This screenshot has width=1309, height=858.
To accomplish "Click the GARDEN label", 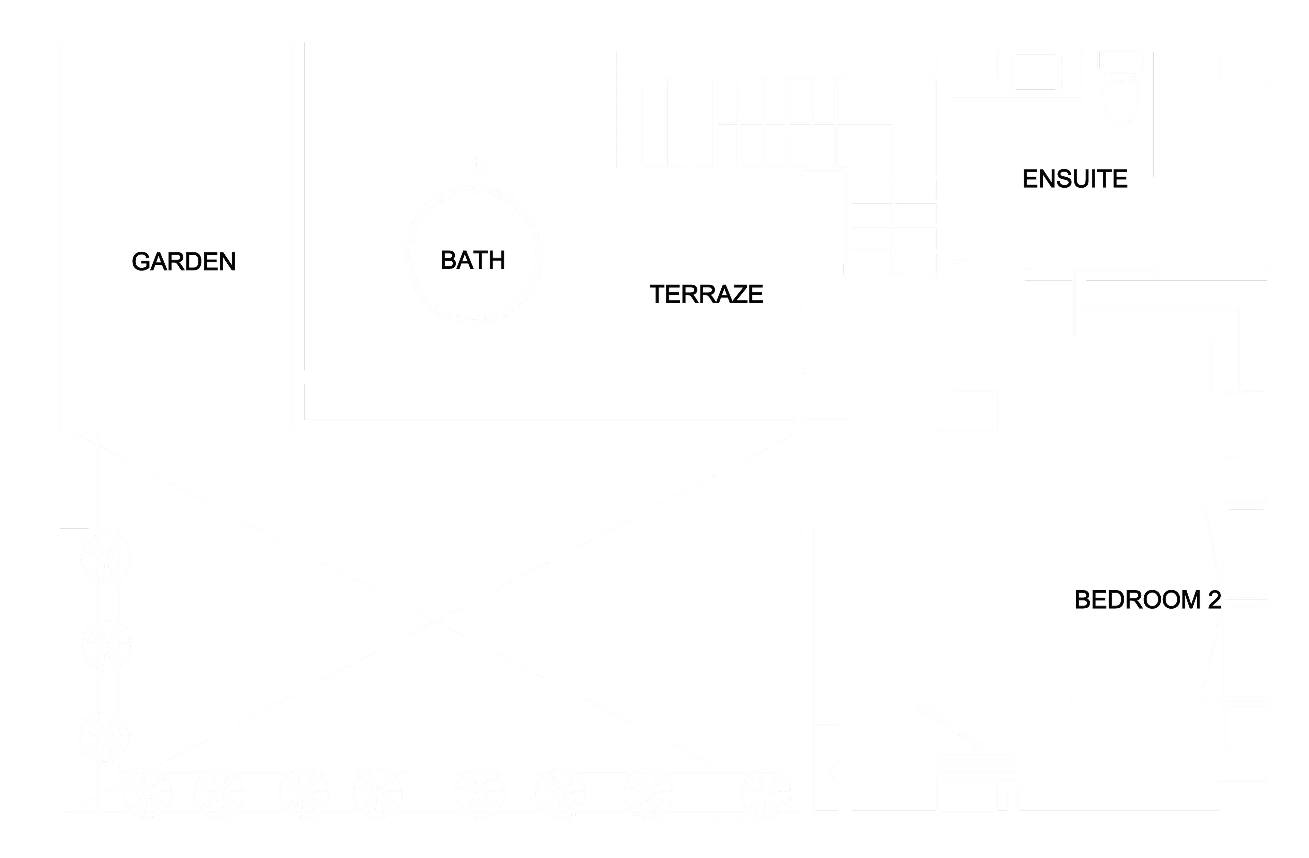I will coord(184,261).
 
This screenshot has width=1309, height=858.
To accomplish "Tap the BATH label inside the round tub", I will coord(473,260).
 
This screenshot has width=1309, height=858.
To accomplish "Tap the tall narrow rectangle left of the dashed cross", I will coord(75,480).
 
